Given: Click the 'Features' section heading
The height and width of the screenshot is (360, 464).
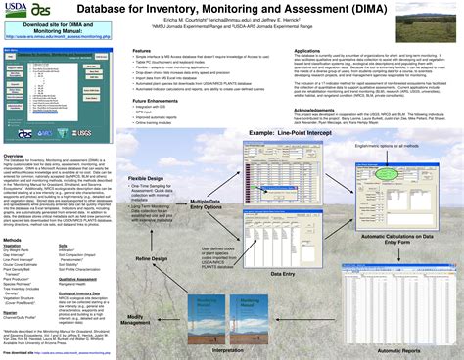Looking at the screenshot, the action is coord(142,50).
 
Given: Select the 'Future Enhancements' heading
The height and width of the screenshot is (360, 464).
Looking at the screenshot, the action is coord(156,100).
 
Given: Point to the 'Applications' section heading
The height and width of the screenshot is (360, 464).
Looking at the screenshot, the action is coord(307,50).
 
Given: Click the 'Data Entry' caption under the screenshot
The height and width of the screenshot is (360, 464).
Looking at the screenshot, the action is coord(282,274).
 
